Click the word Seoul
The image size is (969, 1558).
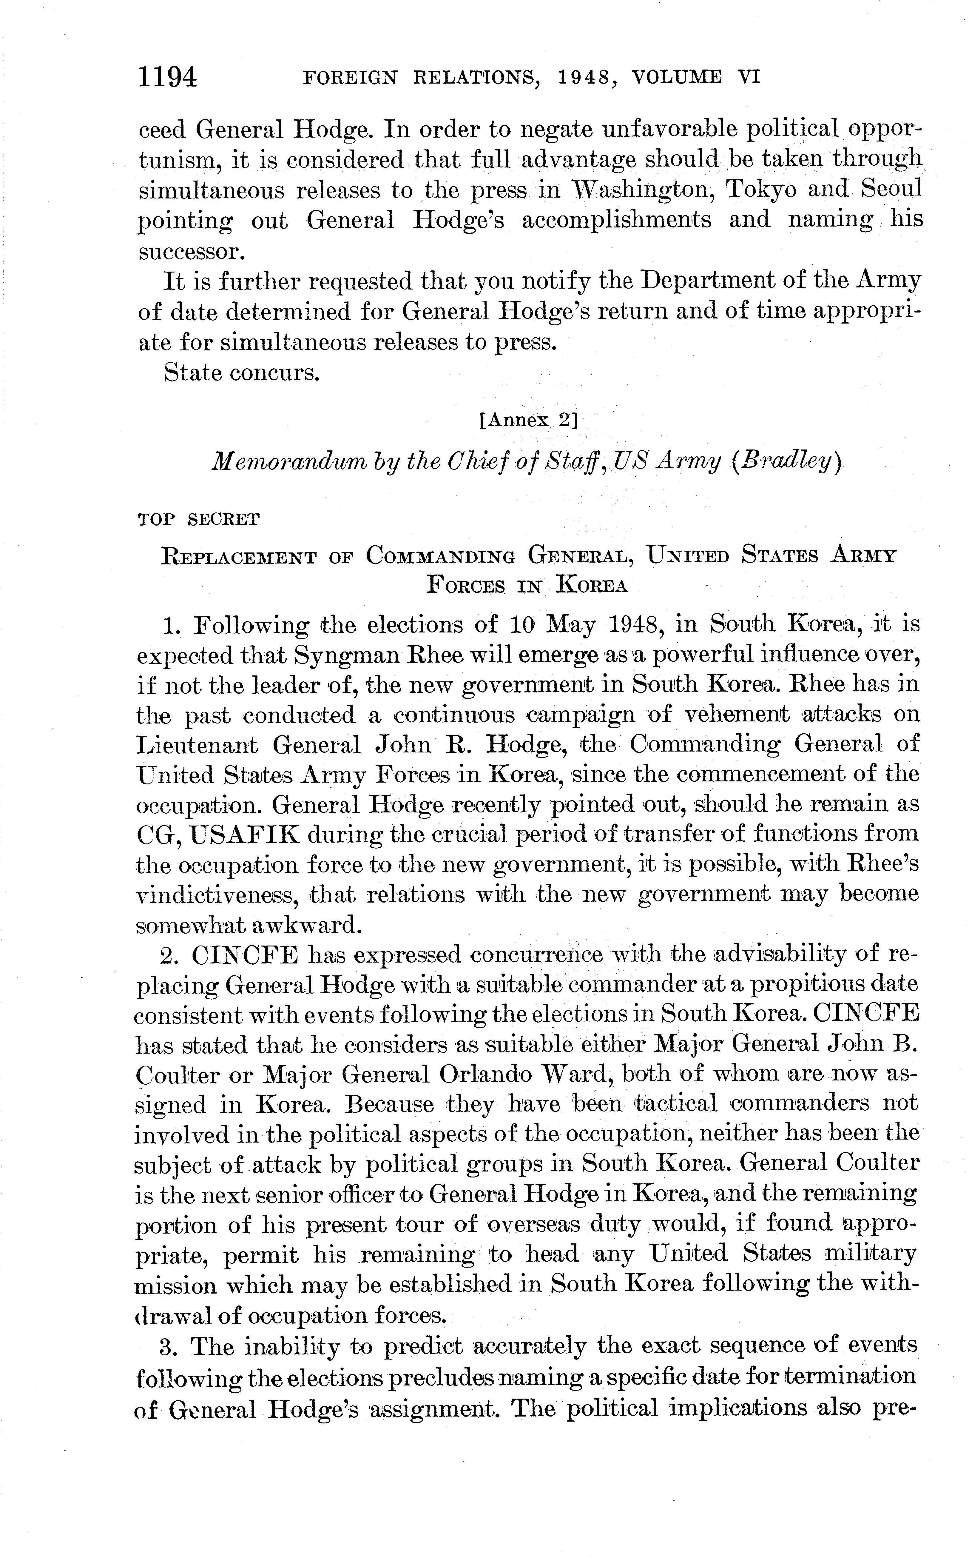point(891,190)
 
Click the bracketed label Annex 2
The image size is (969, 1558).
point(529,421)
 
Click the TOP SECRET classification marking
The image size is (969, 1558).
point(199,519)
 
